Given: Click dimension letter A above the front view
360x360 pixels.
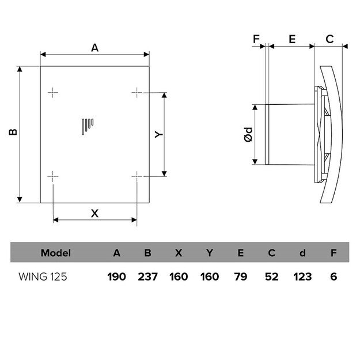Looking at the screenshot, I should coord(95,48).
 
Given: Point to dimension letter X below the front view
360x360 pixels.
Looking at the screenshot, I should coord(96,213).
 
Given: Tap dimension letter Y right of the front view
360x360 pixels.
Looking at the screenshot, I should coord(160,134).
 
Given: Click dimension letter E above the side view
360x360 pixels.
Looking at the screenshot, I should coord(292,40).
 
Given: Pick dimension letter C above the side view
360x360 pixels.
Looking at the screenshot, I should coord(329,40).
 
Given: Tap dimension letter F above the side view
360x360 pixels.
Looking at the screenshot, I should coord(257,40).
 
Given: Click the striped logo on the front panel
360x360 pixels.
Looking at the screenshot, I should coord(87,125).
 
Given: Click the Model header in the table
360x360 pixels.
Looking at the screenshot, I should coord(56,253).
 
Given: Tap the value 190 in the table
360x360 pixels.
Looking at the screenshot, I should coord(116,276).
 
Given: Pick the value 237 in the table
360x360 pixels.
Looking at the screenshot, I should coord(147,276).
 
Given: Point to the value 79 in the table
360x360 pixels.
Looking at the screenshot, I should coord(240,276).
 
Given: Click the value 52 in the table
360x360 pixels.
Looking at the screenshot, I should coord(271,276).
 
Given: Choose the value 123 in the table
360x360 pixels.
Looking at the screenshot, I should coord(302,276).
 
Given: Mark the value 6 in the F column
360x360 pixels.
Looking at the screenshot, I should coord(334,276).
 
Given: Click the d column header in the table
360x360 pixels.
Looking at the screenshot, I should coord(302,253).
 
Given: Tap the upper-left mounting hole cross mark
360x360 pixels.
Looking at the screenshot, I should coord(53,92).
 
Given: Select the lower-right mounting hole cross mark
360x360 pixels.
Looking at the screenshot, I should coord(137,176).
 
